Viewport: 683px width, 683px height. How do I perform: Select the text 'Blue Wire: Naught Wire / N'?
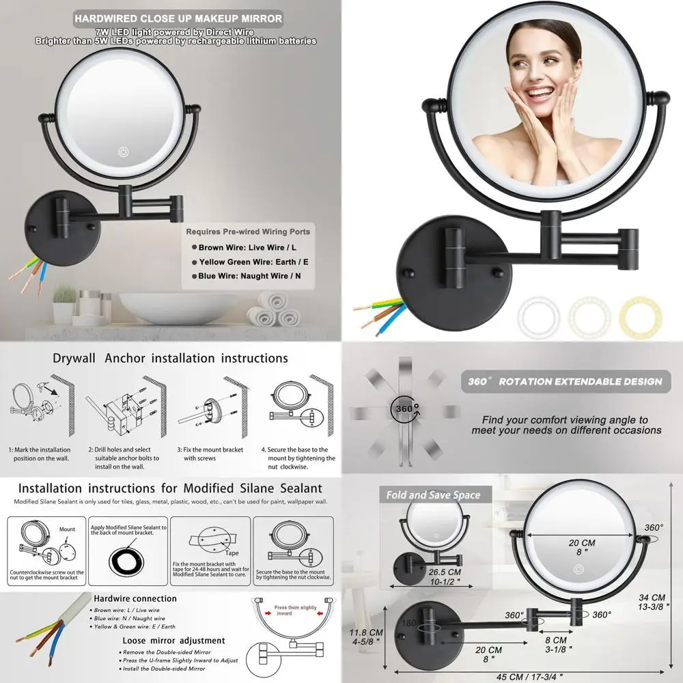[x=250, y=277]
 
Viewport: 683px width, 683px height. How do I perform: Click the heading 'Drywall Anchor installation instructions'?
[x=170, y=358]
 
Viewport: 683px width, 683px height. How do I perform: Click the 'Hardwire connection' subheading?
[x=135, y=598]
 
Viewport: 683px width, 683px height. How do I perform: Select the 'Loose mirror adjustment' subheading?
[x=173, y=641]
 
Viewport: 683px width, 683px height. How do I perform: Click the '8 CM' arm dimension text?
[x=555, y=640]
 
